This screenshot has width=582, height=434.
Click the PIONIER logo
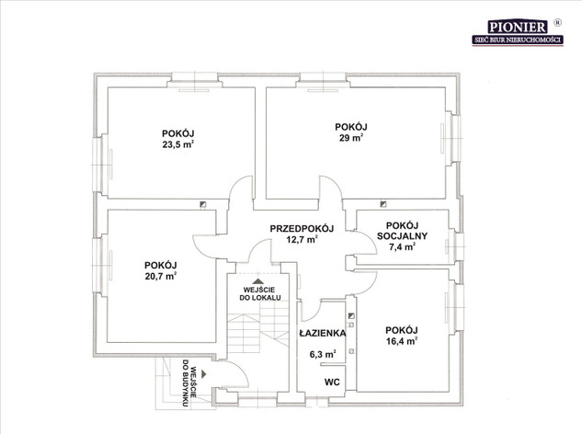(518, 31)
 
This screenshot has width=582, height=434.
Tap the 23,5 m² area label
(178, 144)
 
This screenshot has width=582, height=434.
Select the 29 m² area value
(351, 138)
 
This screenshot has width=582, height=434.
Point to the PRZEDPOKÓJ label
(302, 228)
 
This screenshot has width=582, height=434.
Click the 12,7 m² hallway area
(302, 239)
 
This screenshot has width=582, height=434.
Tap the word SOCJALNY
(402, 235)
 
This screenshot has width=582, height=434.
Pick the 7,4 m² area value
(402, 247)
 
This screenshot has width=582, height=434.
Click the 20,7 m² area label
(161, 276)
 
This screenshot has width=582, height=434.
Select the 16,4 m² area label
(402, 341)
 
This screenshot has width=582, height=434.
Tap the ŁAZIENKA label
(323, 333)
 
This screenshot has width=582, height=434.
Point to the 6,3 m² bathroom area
(323, 355)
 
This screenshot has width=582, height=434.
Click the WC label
(332, 382)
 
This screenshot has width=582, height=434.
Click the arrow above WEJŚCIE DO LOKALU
(258, 281)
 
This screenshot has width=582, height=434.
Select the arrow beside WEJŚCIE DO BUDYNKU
(203, 374)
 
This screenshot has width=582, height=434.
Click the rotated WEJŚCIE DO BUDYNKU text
(188, 383)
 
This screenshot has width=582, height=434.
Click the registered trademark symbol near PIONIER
(557, 22)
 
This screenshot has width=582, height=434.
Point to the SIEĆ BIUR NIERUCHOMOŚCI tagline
(518, 40)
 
